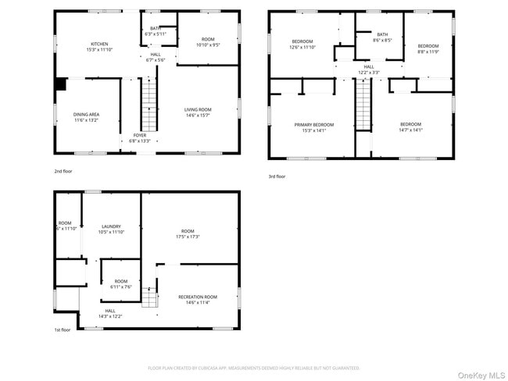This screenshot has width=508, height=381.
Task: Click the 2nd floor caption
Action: click(63, 170)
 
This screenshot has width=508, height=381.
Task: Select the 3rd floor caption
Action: click(277, 176)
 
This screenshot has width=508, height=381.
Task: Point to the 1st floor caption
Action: click(63, 330)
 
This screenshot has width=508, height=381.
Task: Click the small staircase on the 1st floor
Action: click(149, 297)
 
